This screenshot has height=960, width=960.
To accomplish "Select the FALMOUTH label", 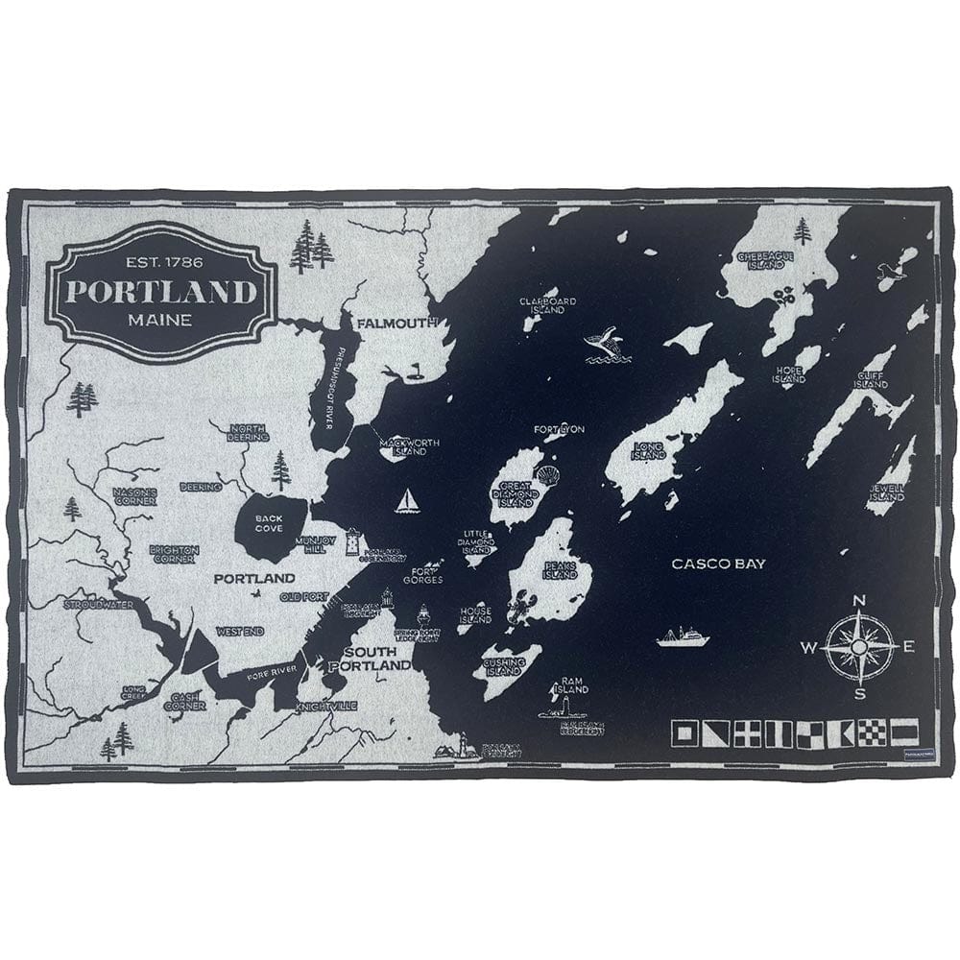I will click(x=397, y=324).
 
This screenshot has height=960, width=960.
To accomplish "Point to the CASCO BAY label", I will click(x=718, y=564).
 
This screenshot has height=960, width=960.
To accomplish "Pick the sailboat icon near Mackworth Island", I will click(x=408, y=501).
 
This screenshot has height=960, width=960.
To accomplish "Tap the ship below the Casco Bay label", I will click(x=682, y=636).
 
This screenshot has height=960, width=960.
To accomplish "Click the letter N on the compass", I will click(x=859, y=602).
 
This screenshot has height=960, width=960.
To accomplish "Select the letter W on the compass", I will click(x=808, y=648).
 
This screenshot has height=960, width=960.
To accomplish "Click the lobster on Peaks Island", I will click(x=525, y=608).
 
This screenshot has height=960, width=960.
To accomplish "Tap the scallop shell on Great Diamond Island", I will click(x=548, y=475).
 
